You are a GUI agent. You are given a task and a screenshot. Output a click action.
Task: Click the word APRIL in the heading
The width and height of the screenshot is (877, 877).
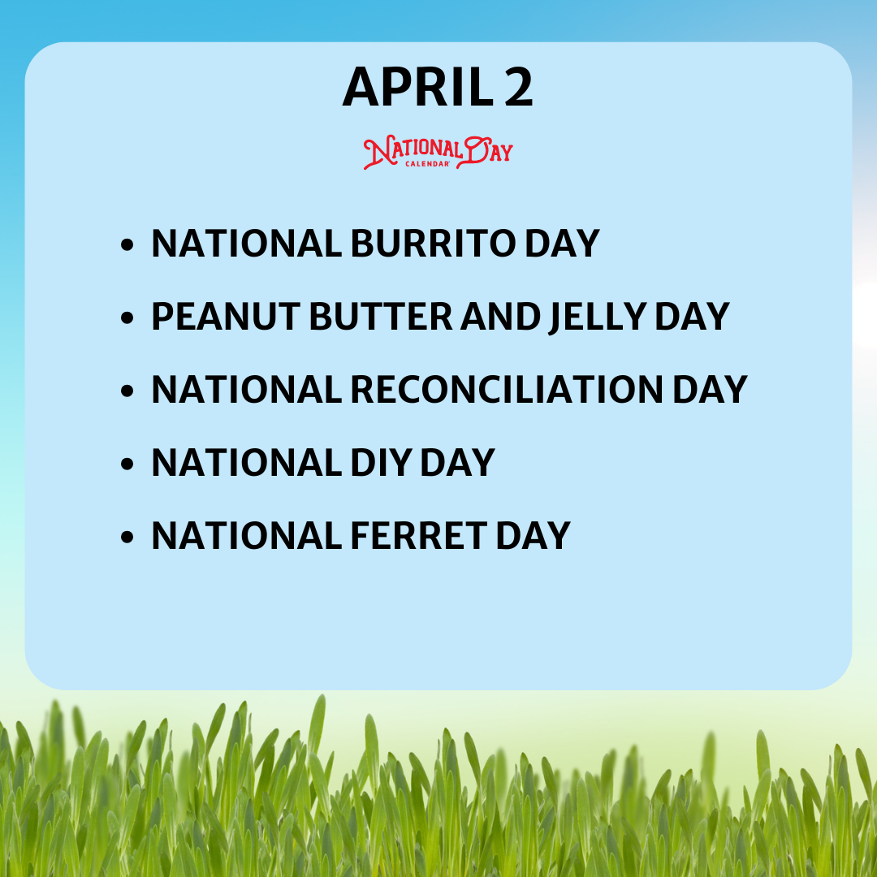[x=418, y=87]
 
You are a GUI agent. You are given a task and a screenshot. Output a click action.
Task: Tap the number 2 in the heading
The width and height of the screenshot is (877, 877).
[x=518, y=87]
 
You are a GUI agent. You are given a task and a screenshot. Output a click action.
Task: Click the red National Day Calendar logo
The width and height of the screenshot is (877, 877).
[x=438, y=152]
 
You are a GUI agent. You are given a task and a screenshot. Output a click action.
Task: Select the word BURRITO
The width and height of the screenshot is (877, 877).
[x=433, y=244]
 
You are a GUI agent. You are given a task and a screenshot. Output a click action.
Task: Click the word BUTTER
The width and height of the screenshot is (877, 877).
[x=380, y=317]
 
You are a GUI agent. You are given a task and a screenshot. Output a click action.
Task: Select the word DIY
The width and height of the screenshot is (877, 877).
[x=382, y=463]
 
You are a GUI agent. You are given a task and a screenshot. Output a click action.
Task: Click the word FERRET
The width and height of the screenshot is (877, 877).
[x=419, y=536]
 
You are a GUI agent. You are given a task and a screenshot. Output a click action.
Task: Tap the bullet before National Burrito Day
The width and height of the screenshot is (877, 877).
[x=127, y=244]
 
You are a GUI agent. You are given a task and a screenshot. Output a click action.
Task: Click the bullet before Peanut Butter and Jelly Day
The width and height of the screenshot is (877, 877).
[x=127, y=318]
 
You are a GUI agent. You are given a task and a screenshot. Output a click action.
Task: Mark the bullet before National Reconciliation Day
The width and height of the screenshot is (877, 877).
[x=127, y=391]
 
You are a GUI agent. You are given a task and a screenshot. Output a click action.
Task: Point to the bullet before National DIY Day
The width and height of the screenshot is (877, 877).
[x=127, y=464]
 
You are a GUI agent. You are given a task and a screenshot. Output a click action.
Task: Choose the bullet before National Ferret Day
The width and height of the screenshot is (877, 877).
[x=127, y=537]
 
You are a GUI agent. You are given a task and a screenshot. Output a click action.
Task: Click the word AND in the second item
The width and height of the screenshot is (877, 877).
[x=500, y=317]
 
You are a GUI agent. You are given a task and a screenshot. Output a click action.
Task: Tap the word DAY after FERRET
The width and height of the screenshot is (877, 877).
[x=533, y=536]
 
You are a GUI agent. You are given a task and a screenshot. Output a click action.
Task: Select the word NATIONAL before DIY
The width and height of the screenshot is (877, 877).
[x=247, y=463]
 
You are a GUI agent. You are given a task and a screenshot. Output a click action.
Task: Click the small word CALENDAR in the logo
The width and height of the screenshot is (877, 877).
[x=427, y=164]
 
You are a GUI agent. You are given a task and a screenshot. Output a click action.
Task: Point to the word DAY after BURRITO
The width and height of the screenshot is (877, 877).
[x=562, y=244]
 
